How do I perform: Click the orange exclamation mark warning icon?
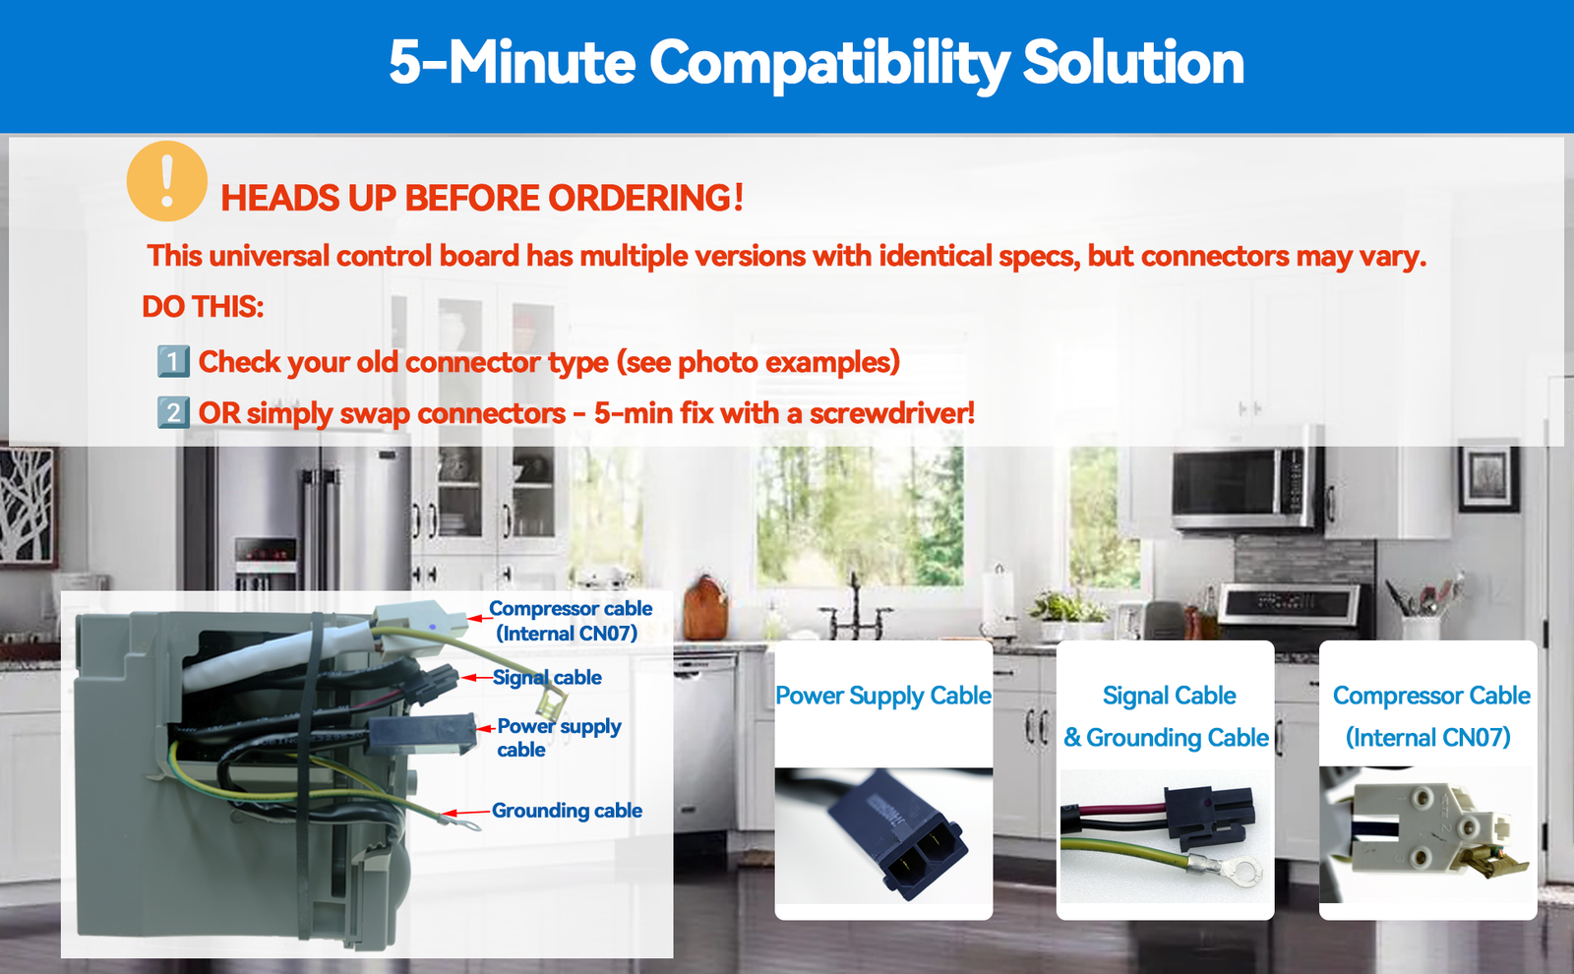(166, 181)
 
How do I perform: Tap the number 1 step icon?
(173, 362)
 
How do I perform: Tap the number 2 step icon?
(173, 412)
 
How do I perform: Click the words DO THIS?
(203, 307)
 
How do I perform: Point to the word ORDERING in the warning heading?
(645, 198)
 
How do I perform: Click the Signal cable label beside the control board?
(547, 678)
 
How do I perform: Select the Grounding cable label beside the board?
(567, 811)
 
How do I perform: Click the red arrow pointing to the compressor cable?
(480, 619)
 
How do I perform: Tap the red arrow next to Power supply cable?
(486, 729)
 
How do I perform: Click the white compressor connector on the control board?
(419, 622)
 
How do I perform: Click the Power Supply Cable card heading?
(883, 696)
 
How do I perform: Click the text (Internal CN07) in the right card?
(1427, 738)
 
